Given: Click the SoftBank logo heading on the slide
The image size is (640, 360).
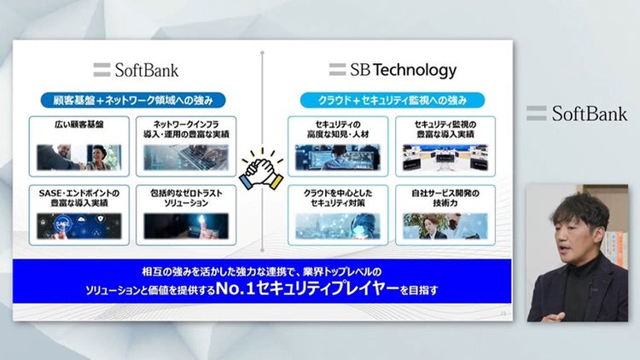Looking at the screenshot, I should (x=137, y=70).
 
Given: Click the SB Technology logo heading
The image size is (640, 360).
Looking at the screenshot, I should (x=393, y=70).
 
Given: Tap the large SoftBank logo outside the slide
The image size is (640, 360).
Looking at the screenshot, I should (x=577, y=113).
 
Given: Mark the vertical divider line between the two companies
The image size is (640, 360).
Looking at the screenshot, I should (x=260, y=102).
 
